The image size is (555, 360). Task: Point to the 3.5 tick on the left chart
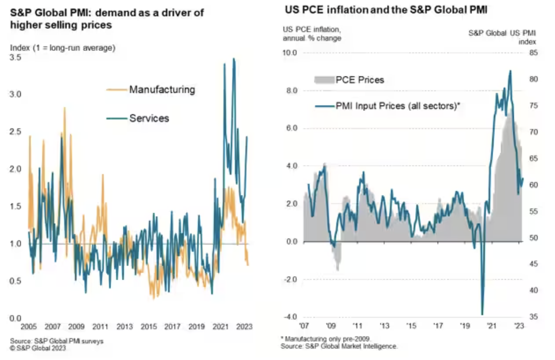15,58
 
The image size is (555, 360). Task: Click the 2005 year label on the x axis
28,327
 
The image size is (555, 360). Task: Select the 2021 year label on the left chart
220,327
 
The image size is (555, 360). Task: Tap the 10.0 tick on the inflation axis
289,53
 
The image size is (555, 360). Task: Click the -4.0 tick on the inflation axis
290,317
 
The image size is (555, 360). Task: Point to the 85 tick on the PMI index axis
533,53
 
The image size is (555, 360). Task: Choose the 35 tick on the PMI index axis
533,317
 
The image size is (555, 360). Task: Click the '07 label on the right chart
304,326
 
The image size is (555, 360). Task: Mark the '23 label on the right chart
519,326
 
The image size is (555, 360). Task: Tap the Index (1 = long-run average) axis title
63,48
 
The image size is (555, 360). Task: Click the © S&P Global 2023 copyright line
38,348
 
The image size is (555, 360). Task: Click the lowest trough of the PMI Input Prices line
482,314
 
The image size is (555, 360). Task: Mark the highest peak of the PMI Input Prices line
510,71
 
